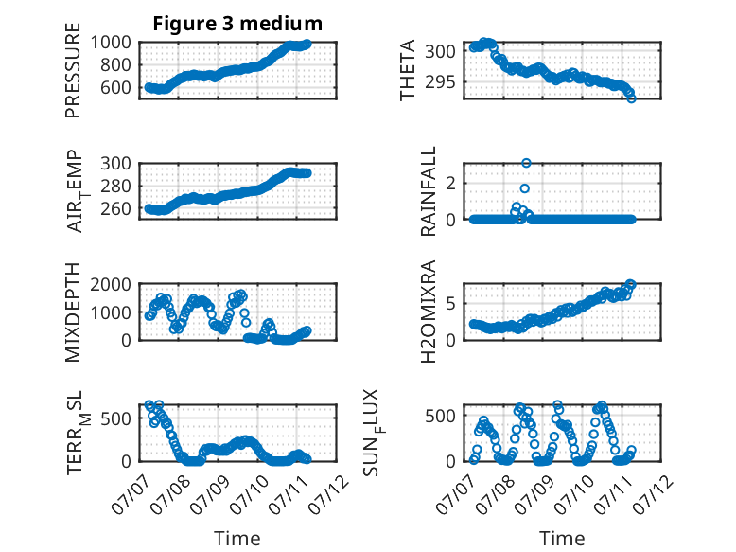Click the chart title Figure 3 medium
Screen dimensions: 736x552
coord(237,24)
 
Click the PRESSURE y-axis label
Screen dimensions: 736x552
coord(73,70)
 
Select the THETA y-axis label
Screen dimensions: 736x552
coord(408,70)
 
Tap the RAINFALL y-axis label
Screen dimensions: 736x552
coord(429,191)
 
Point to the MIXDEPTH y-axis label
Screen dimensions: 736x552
coord(73,312)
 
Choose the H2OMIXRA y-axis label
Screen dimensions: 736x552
coord(429,312)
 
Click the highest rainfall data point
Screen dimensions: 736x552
coord(526,163)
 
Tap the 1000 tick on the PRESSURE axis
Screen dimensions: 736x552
coord(111,43)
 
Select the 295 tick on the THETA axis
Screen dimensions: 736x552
coord(440,82)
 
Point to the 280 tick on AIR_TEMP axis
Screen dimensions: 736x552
coord(116,186)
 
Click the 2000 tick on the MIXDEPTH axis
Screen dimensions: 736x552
coord(111,284)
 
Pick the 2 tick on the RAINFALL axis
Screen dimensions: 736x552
coord(451,184)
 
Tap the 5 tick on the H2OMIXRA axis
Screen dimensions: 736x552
coord(451,304)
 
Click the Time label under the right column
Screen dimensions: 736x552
coord(562,539)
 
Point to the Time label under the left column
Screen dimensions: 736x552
coord(237,539)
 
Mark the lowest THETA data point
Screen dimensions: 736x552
coord(631,98)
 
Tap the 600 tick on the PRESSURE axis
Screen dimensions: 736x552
coord(116,87)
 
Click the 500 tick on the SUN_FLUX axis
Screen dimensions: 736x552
coord(440,416)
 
